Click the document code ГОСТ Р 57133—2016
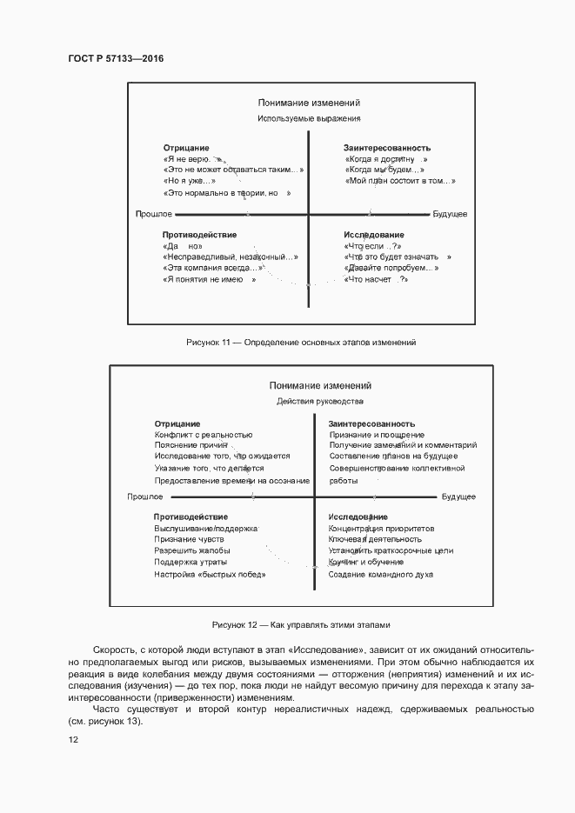[116, 58]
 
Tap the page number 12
[73, 739]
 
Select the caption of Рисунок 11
[301, 343]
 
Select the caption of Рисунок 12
[301, 625]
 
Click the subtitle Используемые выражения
[309, 118]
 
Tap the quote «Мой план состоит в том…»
[399, 181]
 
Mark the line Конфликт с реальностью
[204, 434]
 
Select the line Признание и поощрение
[377, 434]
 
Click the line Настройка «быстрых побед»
[210, 575]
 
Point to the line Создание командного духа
[380, 575]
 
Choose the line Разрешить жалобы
[192, 551]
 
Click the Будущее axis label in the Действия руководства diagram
[458, 496]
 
